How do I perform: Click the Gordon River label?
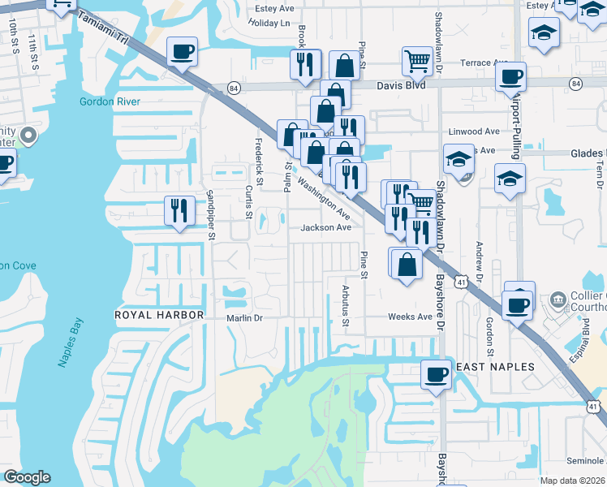pyautogui.click(x=110, y=101)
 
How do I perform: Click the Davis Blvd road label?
pyautogui.click(x=401, y=84)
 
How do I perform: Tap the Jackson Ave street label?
pyautogui.click(x=326, y=228)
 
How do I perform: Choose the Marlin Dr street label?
pyautogui.click(x=245, y=318)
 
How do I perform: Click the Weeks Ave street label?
pyautogui.click(x=410, y=317)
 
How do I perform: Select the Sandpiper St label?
pyautogui.click(x=210, y=215)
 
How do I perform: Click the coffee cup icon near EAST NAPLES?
pyautogui.click(x=436, y=375)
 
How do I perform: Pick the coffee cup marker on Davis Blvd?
pyautogui.click(x=510, y=77)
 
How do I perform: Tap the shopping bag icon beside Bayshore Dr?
pyautogui.click(x=407, y=263)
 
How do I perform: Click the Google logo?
pyautogui.click(x=27, y=477)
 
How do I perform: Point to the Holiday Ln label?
pyautogui.click(x=269, y=23)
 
